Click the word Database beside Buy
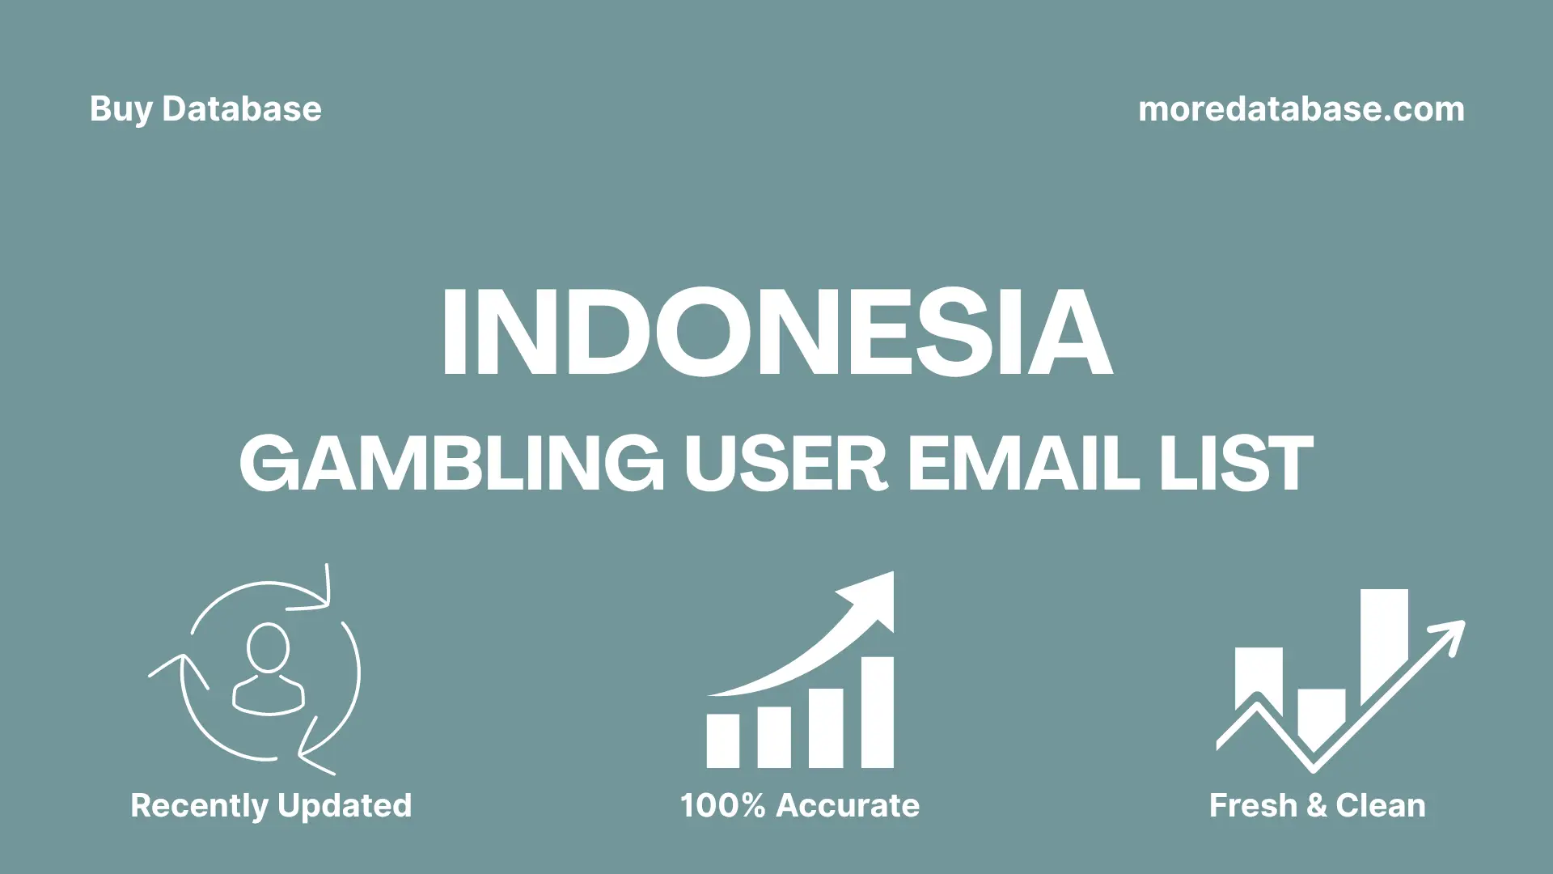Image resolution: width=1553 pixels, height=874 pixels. coord(242,109)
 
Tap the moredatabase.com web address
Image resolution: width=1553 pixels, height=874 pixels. coord(1301,109)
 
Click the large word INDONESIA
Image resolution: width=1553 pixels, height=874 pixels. coord(776,333)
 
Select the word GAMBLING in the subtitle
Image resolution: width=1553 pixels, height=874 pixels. coord(451,463)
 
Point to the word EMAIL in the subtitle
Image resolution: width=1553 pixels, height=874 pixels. coord(1023,463)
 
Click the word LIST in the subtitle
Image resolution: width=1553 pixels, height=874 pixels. coord(1236,463)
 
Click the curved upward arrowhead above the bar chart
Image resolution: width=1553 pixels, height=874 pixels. coord(874,599)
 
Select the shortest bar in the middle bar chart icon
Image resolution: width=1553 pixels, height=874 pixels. coord(722,740)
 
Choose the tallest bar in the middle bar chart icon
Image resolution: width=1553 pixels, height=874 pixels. coord(877,712)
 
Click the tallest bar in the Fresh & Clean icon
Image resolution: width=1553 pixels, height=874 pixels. coord(1384,643)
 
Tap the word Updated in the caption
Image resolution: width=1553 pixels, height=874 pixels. coord(345,806)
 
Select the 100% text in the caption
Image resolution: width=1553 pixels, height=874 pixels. coord(722,806)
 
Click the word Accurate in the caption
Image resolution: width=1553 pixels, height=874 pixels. coord(848,806)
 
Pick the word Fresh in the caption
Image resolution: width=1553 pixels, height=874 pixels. coord(1253,806)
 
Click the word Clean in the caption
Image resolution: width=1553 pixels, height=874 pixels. coord(1381,806)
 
